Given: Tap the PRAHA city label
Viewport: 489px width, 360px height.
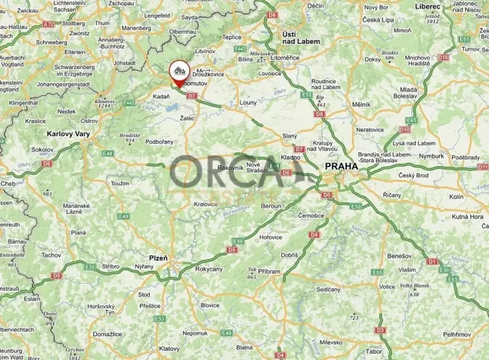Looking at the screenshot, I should coord(340,165).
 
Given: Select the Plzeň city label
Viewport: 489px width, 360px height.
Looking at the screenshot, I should coord(158,258).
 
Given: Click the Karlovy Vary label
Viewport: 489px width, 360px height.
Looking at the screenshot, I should coord(68,133).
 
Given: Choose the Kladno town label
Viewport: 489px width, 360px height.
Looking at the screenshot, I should coord(291,157).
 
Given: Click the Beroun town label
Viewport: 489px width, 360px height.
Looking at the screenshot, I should coord(272,207).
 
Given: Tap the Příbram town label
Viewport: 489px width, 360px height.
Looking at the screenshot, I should coord(268,272).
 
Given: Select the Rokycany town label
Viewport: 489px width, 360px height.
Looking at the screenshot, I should coord(208,268).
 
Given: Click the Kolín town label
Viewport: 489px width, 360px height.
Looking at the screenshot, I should coord(456,197).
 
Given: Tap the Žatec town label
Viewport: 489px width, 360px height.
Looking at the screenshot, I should coord(187,118).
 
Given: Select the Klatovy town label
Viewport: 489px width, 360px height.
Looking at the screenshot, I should coord(170,326).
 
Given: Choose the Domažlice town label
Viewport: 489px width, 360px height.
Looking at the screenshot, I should coord(107,335).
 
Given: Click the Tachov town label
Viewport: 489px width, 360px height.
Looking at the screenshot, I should coord(52,255).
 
